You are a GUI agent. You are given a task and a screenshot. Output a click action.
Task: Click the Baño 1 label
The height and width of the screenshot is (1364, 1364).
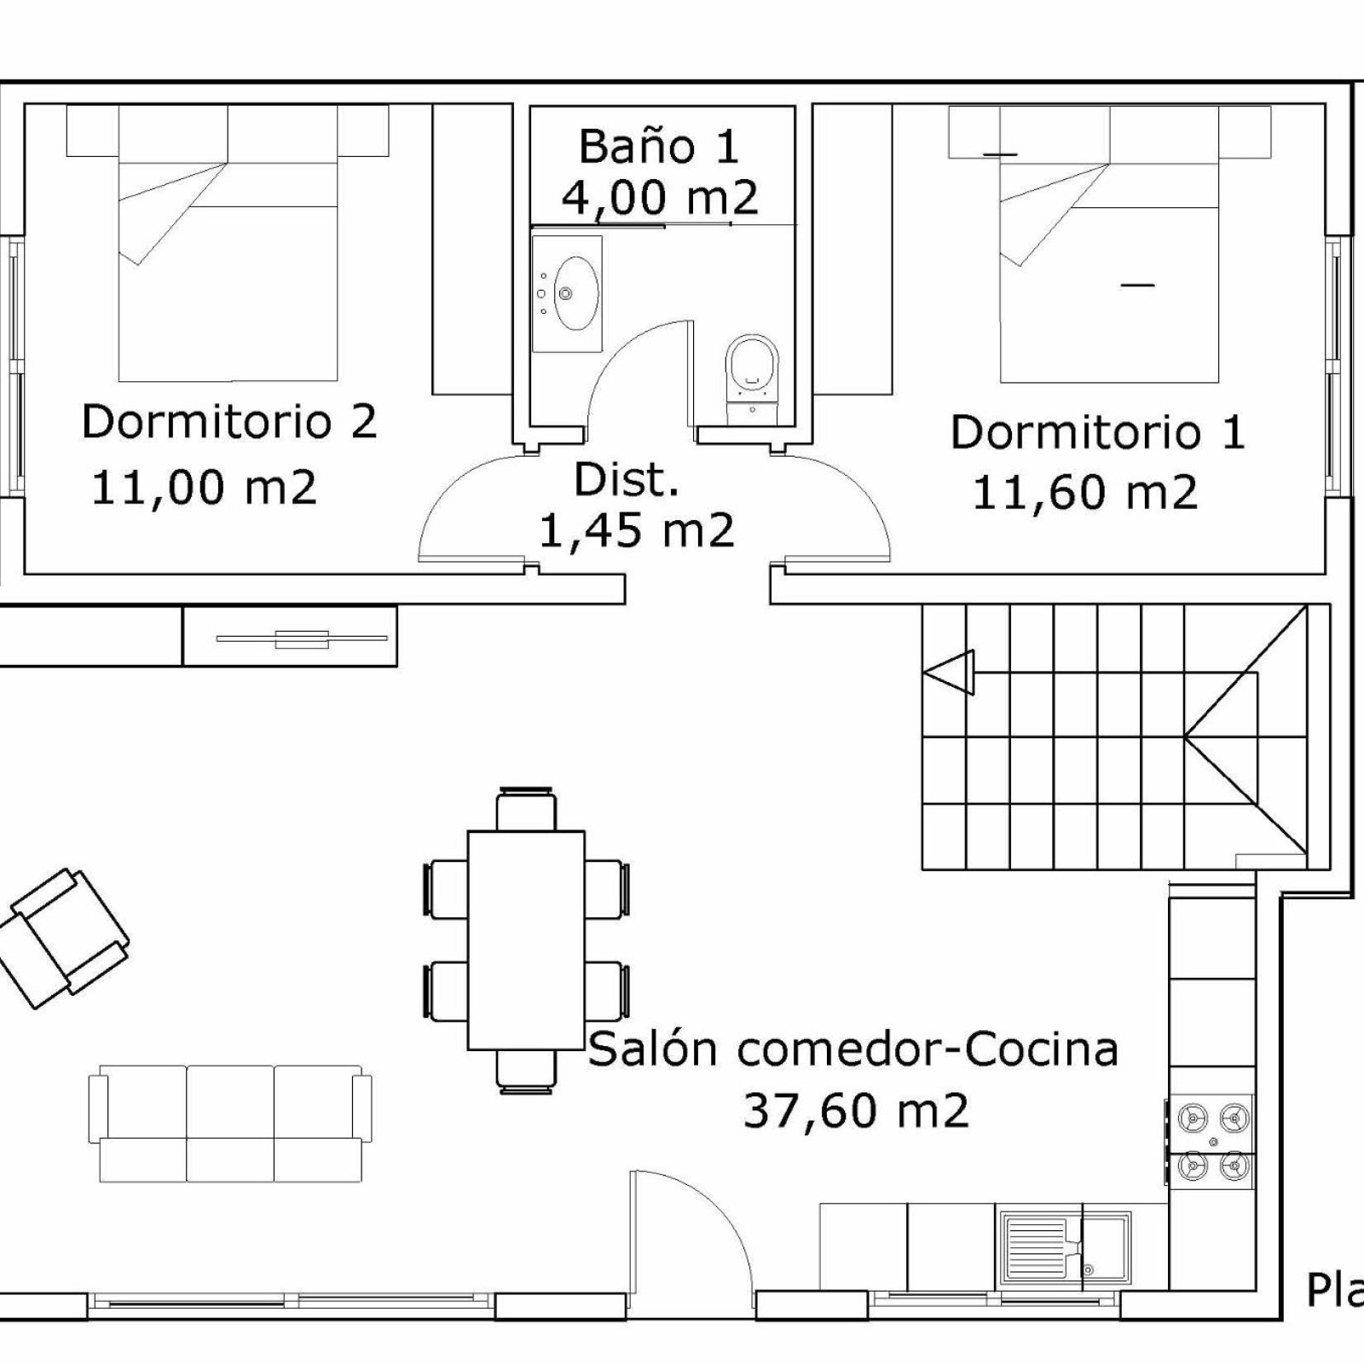click(658, 147)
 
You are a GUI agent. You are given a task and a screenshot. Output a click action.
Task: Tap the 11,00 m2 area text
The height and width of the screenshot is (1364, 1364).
click(204, 488)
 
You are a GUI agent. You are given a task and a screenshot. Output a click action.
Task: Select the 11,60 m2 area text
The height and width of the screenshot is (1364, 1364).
click(1085, 493)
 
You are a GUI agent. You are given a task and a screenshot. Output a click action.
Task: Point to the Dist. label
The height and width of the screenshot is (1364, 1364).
click(627, 480)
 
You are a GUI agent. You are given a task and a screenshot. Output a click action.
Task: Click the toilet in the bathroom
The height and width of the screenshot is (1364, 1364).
click(752, 375)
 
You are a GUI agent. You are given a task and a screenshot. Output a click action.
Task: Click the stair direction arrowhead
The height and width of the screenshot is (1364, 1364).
click(950, 672)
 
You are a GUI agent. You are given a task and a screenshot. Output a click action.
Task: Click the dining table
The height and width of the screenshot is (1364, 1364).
click(526, 940)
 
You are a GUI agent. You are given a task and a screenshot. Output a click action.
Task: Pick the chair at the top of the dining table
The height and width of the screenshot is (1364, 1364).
click(527, 809)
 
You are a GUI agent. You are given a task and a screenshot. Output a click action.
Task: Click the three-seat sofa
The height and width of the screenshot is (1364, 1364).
click(230, 1124)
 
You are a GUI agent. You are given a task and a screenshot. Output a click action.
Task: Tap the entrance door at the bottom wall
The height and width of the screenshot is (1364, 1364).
click(691, 1245)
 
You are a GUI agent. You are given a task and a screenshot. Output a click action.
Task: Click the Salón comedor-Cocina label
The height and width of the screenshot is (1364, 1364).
click(853, 1049)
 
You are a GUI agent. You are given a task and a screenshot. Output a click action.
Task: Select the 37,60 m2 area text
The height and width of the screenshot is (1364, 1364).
click(856, 1112)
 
